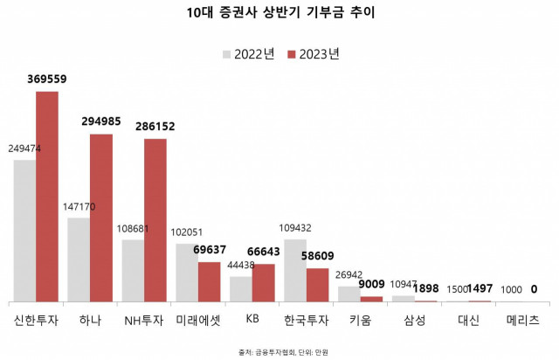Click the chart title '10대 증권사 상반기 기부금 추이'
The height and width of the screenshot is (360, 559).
point(279,13)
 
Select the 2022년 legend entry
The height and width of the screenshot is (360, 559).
point(249,54)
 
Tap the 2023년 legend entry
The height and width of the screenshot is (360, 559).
point(313,54)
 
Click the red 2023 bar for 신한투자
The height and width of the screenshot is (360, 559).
point(47,196)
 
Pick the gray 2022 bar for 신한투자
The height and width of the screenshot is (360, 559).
point(24,231)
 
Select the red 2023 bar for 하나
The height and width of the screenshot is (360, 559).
point(101,218)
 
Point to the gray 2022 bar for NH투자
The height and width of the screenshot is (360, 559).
point(133,270)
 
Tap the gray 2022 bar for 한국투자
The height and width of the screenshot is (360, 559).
point(295,270)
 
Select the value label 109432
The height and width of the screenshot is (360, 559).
point(296,227)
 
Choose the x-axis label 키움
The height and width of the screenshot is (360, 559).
point(361,321)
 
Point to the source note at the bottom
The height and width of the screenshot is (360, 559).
point(279,352)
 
